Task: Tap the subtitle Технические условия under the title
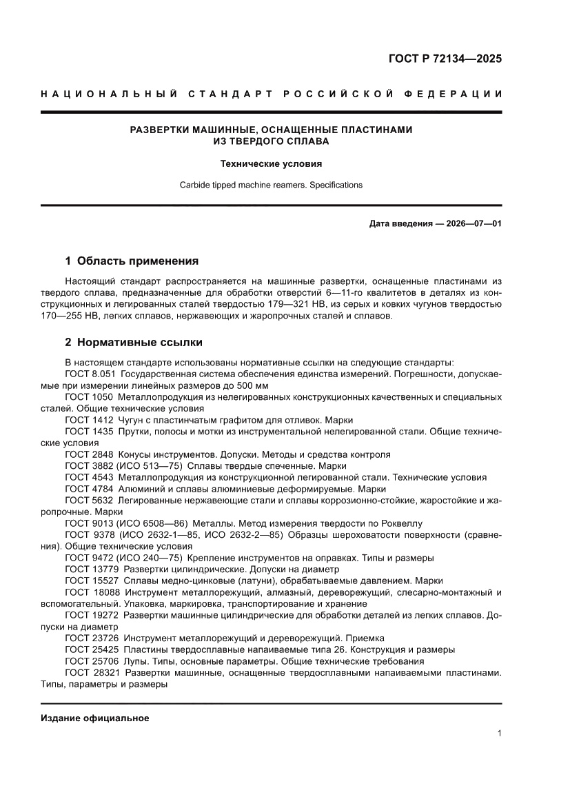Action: [271, 164]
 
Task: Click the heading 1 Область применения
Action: [132, 261]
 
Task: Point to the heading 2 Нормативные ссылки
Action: [133, 342]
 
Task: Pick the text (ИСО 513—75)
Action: [150, 466]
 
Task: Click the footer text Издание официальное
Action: [95, 718]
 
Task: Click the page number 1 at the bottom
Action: [499, 734]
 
